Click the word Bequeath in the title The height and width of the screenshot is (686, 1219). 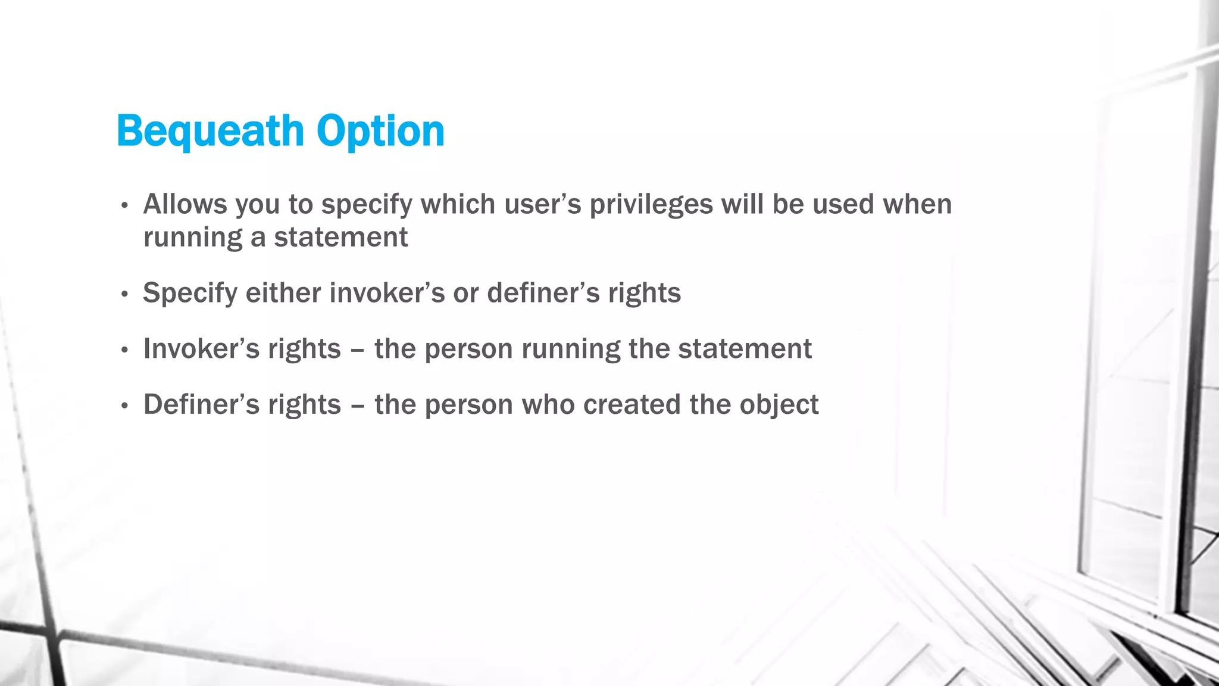(x=210, y=131)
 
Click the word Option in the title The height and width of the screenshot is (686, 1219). (x=380, y=131)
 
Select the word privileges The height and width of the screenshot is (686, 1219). (x=651, y=204)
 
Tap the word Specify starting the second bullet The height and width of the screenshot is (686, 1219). (x=190, y=293)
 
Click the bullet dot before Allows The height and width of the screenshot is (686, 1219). (x=124, y=206)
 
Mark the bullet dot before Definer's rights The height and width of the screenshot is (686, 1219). (x=124, y=406)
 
